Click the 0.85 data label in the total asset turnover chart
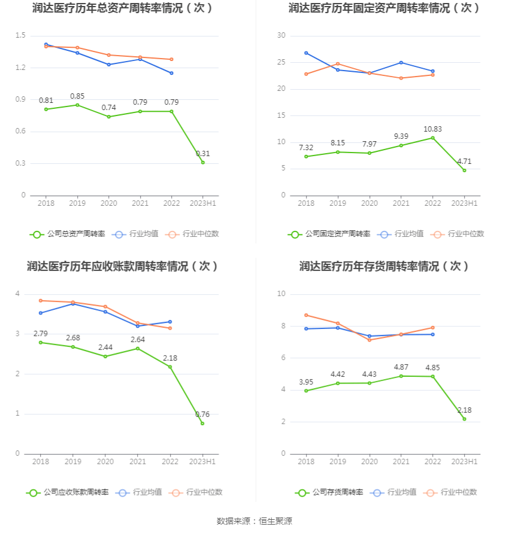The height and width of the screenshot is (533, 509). click(77, 96)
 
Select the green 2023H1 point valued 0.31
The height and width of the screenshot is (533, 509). click(203, 162)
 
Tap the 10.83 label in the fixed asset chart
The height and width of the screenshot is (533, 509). click(432, 129)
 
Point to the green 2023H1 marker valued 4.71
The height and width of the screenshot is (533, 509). click(464, 170)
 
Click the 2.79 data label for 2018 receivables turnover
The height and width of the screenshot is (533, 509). click(41, 333)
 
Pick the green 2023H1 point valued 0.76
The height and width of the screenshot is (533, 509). click(202, 423)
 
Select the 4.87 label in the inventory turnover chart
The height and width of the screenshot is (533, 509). click(401, 367)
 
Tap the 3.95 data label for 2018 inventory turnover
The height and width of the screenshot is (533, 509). click(306, 382)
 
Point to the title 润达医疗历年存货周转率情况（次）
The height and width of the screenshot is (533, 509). click(384, 266)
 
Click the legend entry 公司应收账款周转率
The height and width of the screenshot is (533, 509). click(68, 492)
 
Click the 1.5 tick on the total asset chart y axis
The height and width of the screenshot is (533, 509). click(20, 36)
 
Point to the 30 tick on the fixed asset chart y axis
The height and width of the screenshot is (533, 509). click(281, 36)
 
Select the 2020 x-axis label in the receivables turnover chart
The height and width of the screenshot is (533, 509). click(105, 462)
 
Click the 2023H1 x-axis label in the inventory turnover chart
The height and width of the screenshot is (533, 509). click(464, 462)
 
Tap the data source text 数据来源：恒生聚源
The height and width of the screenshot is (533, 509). click(255, 521)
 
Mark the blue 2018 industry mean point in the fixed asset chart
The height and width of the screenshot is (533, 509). click(306, 53)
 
